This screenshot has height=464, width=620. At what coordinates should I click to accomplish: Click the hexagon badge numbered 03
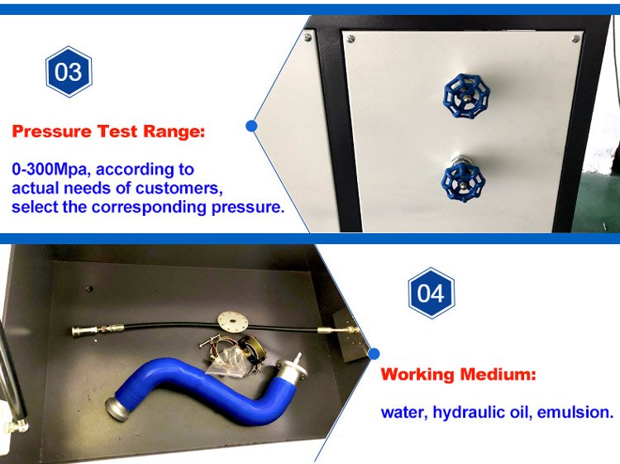tap(69, 72)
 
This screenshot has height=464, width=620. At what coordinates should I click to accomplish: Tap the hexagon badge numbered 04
tap(431, 293)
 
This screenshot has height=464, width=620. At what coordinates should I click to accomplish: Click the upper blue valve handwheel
tap(466, 96)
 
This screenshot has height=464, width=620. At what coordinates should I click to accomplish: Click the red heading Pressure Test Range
tap(108, 132)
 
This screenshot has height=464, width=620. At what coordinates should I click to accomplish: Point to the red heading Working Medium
tap(458, 374)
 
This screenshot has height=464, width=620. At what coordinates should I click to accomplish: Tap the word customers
tap(179, 189)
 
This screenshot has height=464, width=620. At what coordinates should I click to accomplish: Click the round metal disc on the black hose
tap(232, 321)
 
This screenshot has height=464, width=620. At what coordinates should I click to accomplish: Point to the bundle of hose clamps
tap(232, 355)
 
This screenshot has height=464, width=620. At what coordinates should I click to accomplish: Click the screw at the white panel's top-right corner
tap(575, 39)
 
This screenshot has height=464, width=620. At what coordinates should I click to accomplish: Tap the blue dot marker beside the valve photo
tap(251, 126)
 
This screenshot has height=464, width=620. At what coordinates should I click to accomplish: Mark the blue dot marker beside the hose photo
tap(374, 353)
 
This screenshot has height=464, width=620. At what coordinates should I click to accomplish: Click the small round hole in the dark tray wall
tap(90, 289)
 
